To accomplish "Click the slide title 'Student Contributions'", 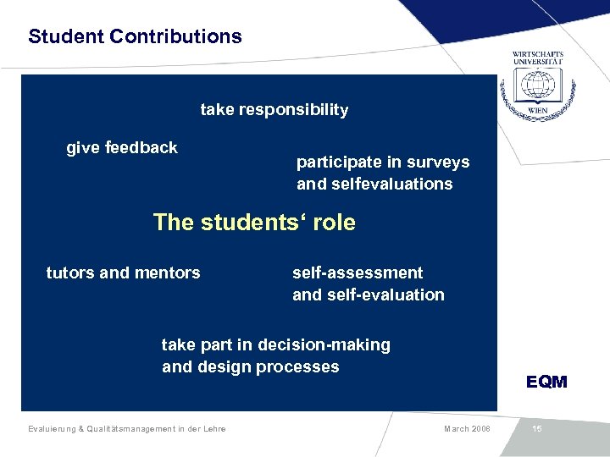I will pos(135,37).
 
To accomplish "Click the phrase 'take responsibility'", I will pos(274,110).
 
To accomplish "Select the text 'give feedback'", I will pos(122,148).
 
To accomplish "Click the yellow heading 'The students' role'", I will pos(254,223).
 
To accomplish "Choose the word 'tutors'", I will pos(70,273).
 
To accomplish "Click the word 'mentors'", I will pos(168,273).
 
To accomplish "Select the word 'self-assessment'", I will pos(357,273).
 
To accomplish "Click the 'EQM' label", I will pos(546,383).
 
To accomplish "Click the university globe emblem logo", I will pos(536,85).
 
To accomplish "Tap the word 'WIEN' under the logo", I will pos(537,111).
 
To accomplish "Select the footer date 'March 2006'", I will pos(466,429).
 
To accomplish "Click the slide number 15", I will pos(536,429).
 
